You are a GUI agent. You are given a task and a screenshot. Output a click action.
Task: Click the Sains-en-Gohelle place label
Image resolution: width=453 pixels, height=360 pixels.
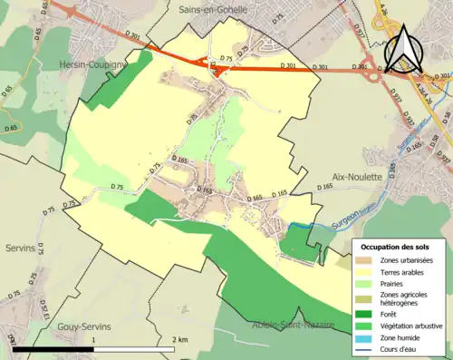pos(215,9)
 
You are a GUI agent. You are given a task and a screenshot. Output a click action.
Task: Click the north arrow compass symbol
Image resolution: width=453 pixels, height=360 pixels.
pos(402,50)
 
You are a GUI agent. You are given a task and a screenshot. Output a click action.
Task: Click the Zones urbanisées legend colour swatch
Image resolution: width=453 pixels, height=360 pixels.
pos(367,261)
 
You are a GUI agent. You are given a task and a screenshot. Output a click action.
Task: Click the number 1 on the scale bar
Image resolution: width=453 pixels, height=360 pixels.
pos(94,339)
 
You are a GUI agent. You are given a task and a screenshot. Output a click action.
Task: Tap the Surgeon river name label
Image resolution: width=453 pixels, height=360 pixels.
pos(346,219)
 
